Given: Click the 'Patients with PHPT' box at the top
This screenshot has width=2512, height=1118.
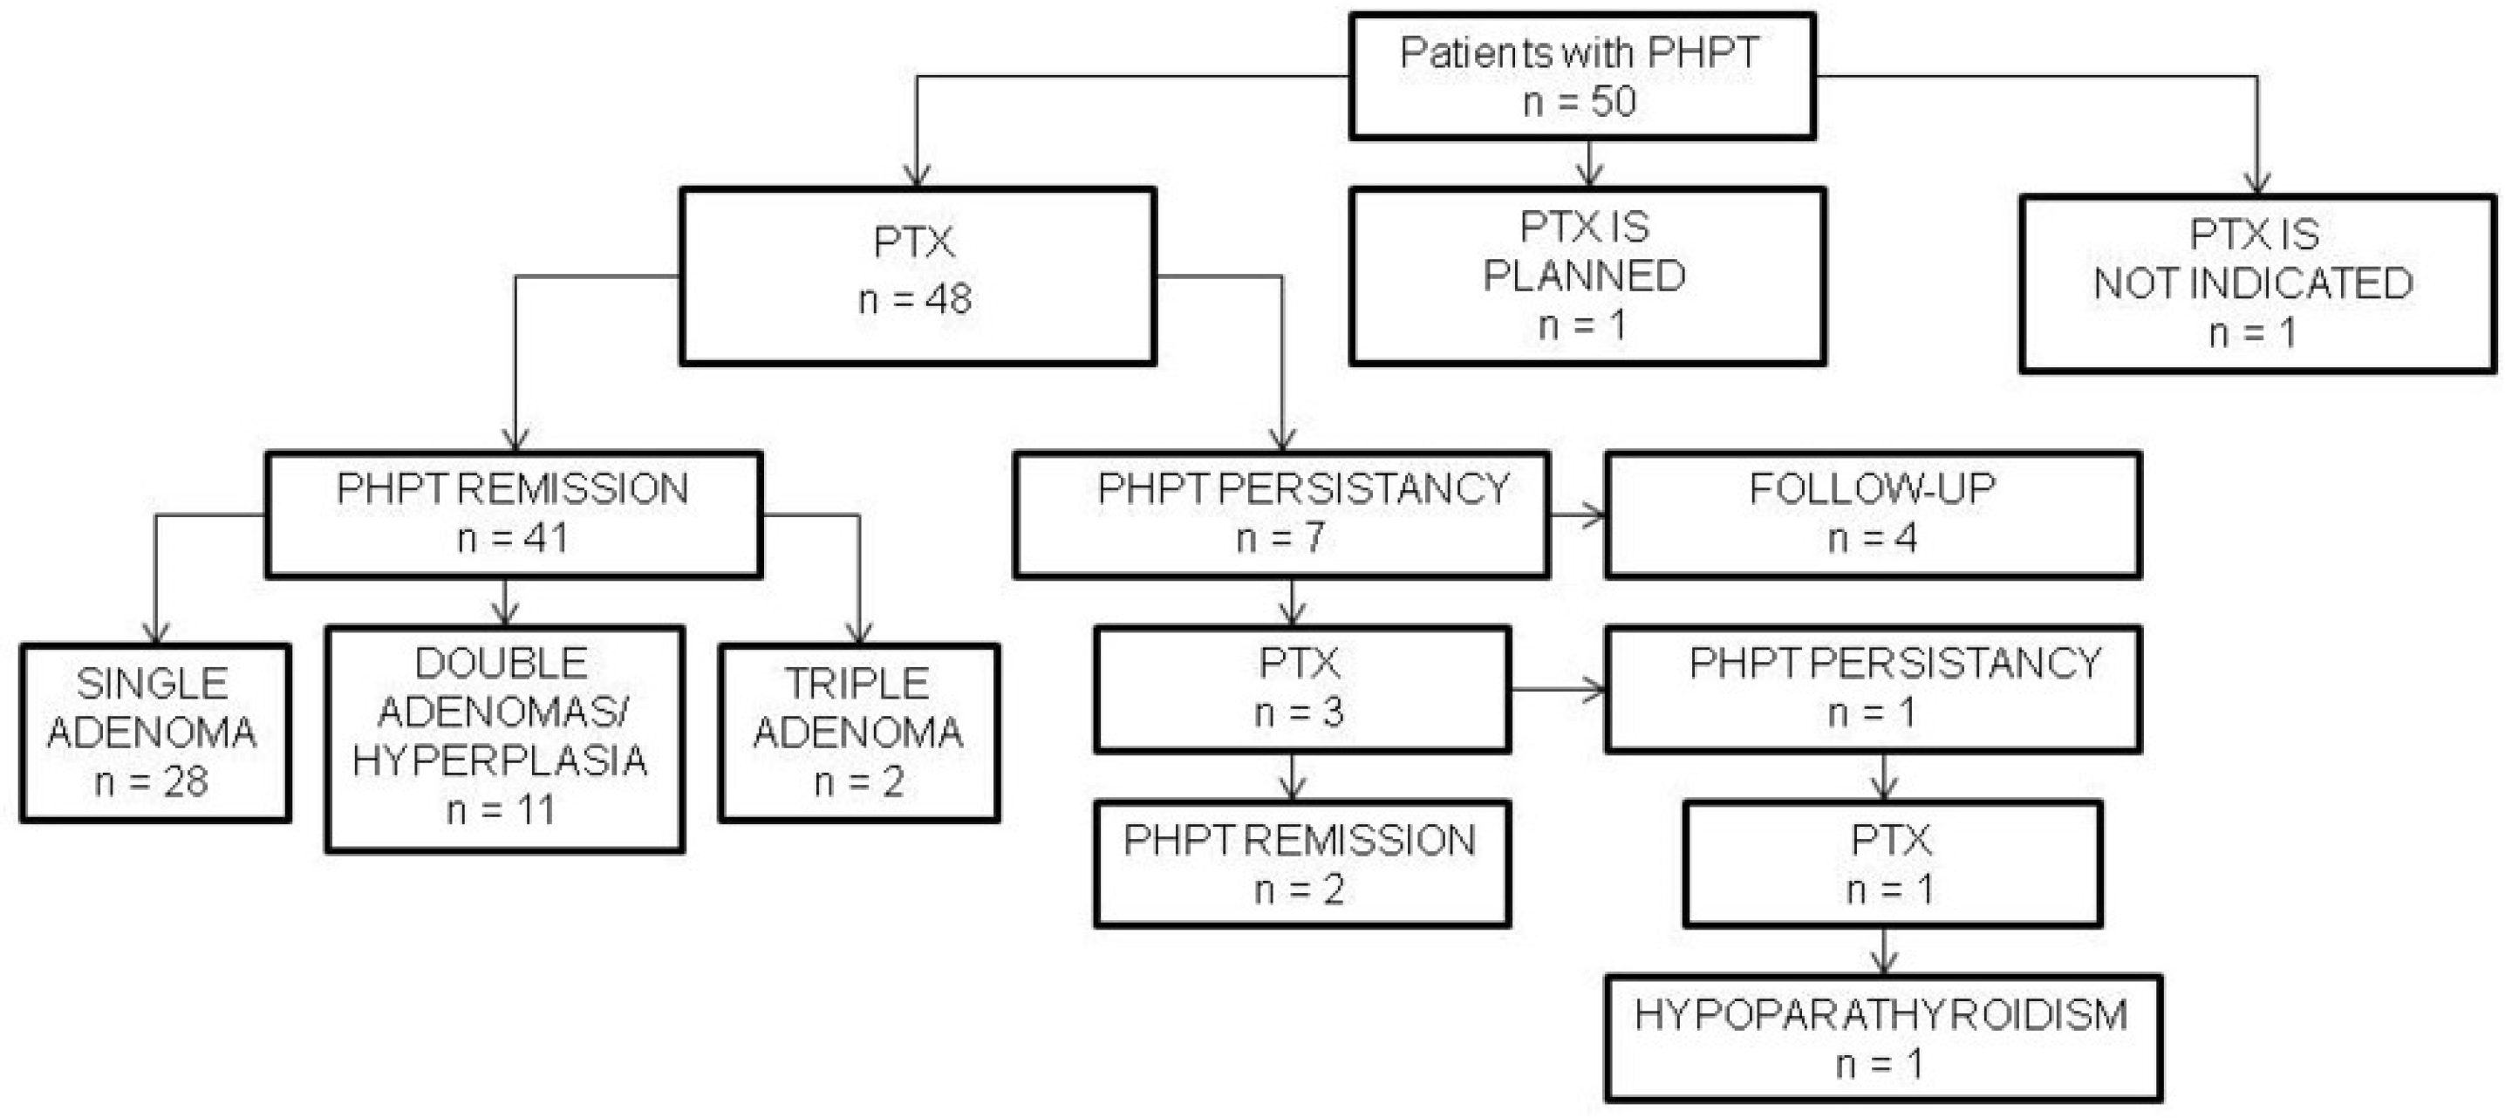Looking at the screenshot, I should pyautogui.click(x=1580, y=76).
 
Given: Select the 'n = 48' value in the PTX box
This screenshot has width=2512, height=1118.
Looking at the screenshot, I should pyautogui.click(x=915, y=299).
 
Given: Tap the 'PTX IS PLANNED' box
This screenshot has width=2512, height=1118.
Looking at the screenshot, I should pyautogui.click(x=1587, y=276).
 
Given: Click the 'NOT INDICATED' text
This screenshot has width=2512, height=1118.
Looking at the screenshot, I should pyautogui.click(x=2254, y=283).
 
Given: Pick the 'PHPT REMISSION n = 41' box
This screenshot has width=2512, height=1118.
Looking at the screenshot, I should pyautogui.click(x=513, y=514).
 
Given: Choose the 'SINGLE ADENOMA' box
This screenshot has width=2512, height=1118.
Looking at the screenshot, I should pyautogui.click(x=154, y=732).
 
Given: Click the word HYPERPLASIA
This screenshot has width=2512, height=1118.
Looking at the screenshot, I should pyautogui.click(x=501, y=761).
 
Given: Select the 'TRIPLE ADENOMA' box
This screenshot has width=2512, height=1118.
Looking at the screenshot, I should pyautogui.click(x=858, y=732).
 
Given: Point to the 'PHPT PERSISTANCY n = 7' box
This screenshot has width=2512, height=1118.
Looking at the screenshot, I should pyautogui.click(x=1280, y=514).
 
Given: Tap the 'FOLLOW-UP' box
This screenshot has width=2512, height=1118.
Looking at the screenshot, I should pyautogui.click(x=1873, y=514).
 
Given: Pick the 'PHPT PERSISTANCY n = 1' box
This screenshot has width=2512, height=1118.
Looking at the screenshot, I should pyautogui.click(x=1873, y=688).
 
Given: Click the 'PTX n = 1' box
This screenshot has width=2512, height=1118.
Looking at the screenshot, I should pyautogui.click(x=1891, y=863).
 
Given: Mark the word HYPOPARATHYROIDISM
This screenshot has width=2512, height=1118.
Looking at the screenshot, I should pyautogui.click(x=1881, y=1015).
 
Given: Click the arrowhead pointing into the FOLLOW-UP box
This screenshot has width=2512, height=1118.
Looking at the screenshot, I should pyautogui.click(x=1594, y=515).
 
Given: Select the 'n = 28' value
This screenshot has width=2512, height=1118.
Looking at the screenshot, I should pyautogui.click(x=151, y=781).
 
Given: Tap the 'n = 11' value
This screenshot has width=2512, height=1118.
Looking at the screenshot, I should pyautogui.click(x=501, y=810).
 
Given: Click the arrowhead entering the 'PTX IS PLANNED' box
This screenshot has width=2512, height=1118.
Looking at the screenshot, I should pyautogui.click(x=1589, y=176).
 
